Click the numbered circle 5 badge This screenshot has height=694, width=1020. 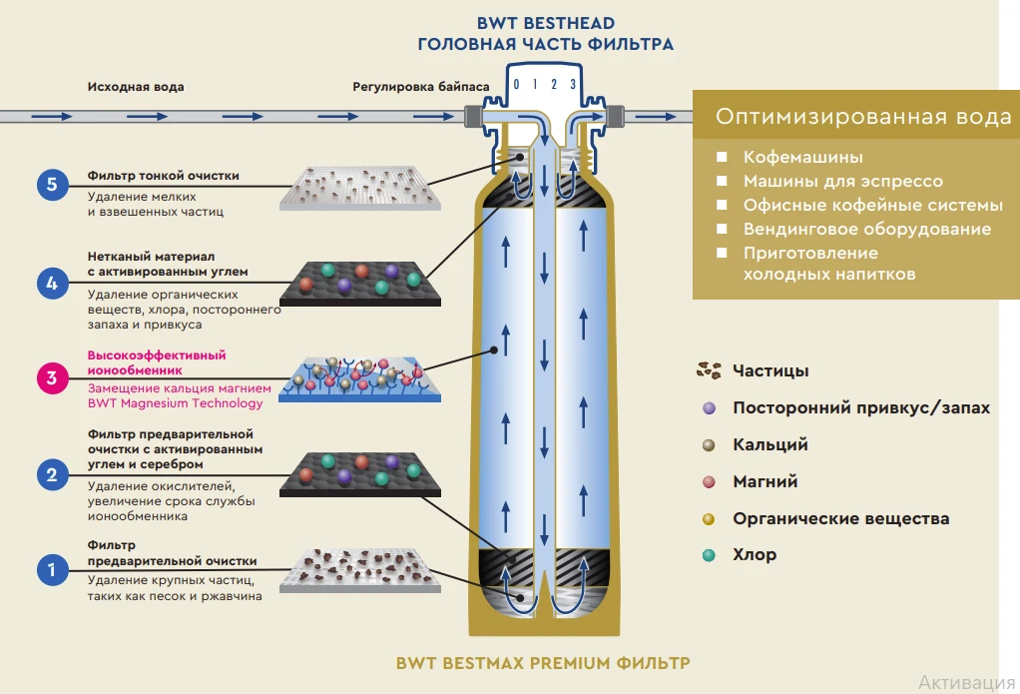tap(52, 184)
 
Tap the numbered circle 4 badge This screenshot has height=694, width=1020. tap(52, 284)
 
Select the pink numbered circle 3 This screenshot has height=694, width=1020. tap(52, 377)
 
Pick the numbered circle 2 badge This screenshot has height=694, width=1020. tap(52, 473)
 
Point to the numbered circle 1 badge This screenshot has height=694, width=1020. tap(52, 570)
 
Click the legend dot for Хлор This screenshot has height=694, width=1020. tap(709, 555)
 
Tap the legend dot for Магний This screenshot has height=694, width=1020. tap(709, 481)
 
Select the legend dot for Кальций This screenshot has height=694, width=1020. tap(709, 444)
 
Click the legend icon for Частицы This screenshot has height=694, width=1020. tap(709, 370)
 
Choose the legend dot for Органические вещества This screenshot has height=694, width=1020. tap(709, 518)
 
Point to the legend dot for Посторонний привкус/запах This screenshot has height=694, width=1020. tap(709, 407)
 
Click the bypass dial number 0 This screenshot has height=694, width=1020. tap(516, 85)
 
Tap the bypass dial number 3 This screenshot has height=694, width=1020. tap(573, 85)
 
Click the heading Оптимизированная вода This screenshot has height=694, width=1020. tap(862, 117)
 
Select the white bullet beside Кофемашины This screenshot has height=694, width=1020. tap(720, 157)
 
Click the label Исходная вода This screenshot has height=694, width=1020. tap(136, 87)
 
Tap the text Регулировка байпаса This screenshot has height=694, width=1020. tap(420, 87)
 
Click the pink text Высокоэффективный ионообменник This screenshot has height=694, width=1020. tap(156, 361)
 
